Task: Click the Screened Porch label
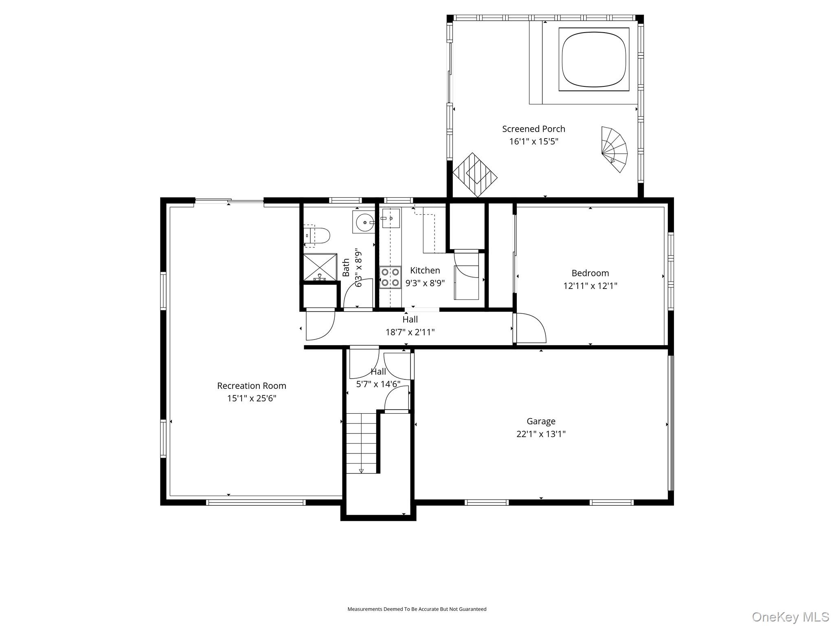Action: tap(533, 129)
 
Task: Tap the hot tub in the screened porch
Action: tap(594, 59)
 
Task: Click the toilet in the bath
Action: tap(318, 236)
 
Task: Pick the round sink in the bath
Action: tap(364, 223)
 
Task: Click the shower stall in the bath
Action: tap(320, 267)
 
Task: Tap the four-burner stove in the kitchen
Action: tap(390, 278)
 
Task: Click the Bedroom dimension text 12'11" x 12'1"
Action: tap(590, 286)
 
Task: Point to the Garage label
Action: tap(541, 421)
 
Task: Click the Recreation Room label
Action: tap(251, 386)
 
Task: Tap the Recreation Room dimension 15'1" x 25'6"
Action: tap(251, 398)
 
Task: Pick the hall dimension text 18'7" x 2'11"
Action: tap(410, 332)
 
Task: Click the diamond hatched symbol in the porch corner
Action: tap(475, 175)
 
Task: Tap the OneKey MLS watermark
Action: tap(790, 617)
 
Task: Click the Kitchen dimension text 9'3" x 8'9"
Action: tap(425, 283)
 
